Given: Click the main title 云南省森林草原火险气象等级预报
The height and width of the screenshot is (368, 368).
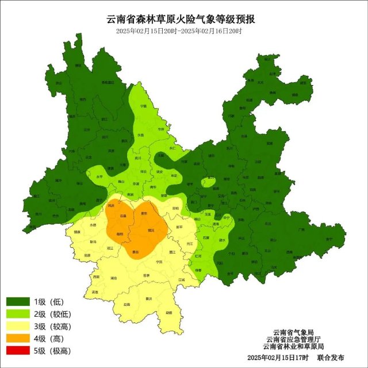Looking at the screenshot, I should (x=181, y=18).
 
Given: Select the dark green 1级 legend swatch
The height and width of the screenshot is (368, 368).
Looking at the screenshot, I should (x=17, y=302).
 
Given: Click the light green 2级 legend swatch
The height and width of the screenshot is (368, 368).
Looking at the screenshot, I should (x=17, y=314).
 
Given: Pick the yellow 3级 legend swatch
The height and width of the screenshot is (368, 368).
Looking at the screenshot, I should (x=17, y=326).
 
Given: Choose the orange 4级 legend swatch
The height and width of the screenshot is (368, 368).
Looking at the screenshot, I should (x=17, y=338).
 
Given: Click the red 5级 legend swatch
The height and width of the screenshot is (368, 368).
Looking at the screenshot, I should (x=17, y=350).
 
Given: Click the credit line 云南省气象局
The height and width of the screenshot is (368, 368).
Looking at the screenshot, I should (x=293, y=332).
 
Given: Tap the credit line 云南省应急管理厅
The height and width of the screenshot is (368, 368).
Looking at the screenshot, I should (x=293, y=339).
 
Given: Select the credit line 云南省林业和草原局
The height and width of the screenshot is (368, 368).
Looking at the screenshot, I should (x=293, y=346).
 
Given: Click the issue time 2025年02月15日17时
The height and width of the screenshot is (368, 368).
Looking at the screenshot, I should (x=278, y=358).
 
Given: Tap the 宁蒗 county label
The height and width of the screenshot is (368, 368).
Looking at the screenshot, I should (x=144, y=106).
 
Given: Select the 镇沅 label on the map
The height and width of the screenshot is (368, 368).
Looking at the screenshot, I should (x=151, y=229).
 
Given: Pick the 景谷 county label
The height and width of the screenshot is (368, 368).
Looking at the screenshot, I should (x=135, y=252).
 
